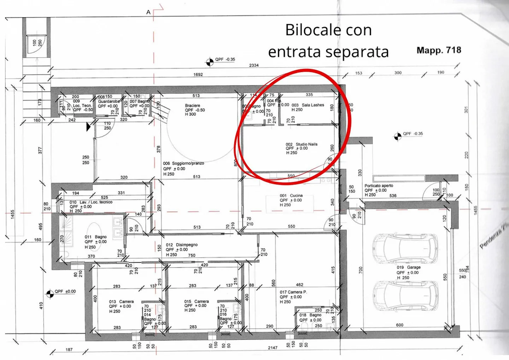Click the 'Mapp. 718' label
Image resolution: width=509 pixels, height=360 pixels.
click(439, 50)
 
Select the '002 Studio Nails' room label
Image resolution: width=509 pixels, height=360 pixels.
click(302, 144)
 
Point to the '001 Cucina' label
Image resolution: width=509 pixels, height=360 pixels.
click(291, 196)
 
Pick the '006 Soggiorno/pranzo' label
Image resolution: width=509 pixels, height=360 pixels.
click(183, 164)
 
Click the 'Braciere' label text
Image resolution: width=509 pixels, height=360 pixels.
click(193, 106)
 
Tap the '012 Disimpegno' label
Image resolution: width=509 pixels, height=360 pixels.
click(182, 245)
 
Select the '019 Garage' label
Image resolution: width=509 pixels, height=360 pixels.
click(408, 267)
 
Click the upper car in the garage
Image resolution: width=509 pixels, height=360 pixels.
click(405, 249)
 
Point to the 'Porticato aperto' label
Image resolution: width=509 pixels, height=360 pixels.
click(379, 186)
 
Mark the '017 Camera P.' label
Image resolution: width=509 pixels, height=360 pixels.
click(293, 292)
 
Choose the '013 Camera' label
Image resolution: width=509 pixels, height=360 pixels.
click(121, 302)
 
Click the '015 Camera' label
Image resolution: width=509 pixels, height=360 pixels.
click(196, 302)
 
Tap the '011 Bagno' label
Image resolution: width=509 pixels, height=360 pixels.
click(95, 237)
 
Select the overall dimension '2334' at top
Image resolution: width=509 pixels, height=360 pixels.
click(254, 65)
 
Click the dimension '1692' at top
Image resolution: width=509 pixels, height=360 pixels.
click(198, 75)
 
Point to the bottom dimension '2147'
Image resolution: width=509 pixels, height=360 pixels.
click(273, 348)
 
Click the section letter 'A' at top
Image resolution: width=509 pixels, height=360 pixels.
click(148, 12)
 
